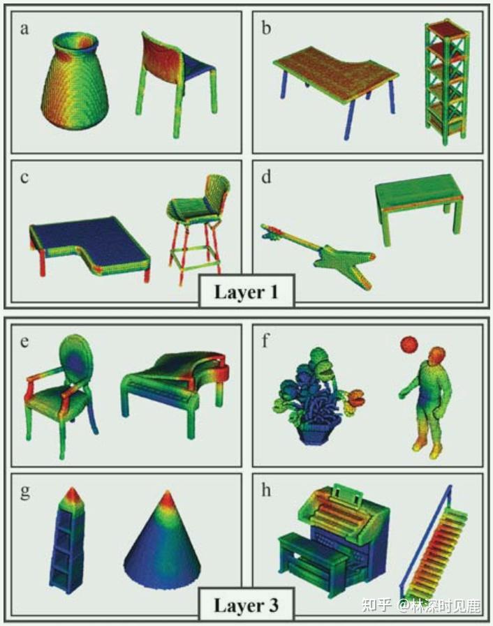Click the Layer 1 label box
(246, 291)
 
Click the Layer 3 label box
(246, 604)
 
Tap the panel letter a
(24, 29)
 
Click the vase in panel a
(75, 81)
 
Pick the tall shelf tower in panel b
(446, 82)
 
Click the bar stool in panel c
(198, 228)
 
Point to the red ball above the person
(409, 345)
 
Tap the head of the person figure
(435, 356)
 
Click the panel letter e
(24, 342)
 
